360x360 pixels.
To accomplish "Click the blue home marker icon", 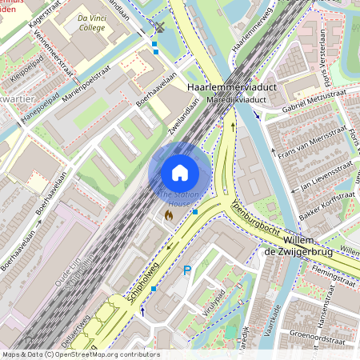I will (x=180, y=173).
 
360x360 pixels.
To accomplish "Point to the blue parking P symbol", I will (x=188, y=271).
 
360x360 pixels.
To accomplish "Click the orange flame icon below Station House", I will (x=168, y=215).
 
